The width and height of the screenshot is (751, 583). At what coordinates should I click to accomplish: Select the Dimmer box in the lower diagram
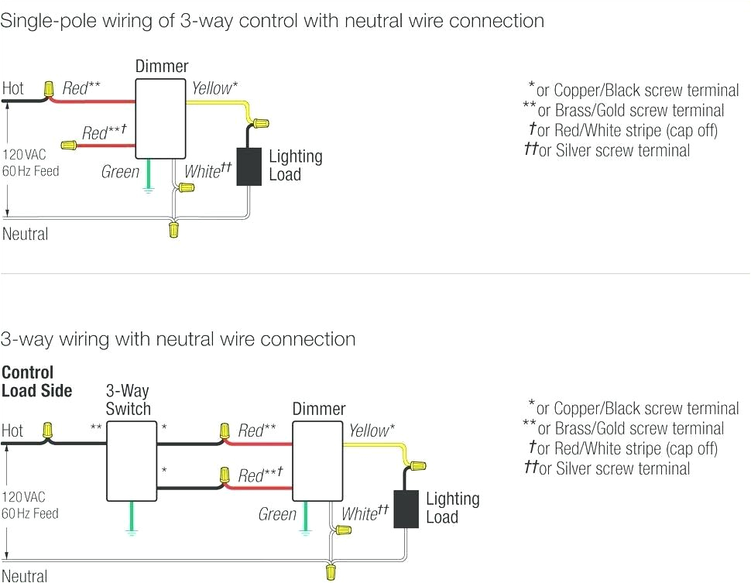(x=317, y=460)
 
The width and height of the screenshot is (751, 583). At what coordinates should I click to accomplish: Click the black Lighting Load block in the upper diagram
(x=249, y=166)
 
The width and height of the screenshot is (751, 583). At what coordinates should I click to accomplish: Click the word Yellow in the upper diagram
(x=211, y=88)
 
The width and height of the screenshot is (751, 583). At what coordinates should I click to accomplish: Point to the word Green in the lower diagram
(x=277, y=514)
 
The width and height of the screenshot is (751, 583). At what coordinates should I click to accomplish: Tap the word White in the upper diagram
(x=202, y=171)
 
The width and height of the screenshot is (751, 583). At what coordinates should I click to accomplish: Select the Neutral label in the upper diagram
(x=25, y=234)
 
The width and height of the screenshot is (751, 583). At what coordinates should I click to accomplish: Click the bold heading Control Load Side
(x=36, y=382)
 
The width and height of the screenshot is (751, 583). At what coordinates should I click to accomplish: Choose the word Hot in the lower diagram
(x=12, y=430)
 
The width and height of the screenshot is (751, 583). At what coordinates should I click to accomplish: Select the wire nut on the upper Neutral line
(x=174, y=229)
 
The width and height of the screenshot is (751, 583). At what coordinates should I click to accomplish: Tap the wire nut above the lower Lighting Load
(x=417, y=466)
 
